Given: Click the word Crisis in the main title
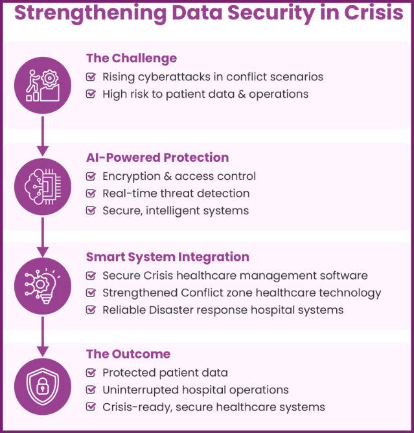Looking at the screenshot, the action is (x=374, y=12).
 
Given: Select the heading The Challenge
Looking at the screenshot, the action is (x=132, y=58).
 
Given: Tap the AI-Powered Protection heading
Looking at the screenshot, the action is (x=157, y=157).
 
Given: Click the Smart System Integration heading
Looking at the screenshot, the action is (x=168, y=257).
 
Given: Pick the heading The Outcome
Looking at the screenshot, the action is (x=128, y=354).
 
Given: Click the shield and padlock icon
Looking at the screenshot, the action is (x=43, y=386).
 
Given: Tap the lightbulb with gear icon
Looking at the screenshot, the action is (x=43, y=286).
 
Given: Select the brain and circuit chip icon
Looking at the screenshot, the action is (x=43, y=186).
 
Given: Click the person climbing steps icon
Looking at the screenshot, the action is (x=43, y=85).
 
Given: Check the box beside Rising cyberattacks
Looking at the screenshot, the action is (x=91, y=76).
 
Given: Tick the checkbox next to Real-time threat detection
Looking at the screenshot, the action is (x=91, y=193).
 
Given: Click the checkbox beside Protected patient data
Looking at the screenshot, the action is (x=91, y=373).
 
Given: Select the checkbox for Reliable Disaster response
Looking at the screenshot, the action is (x=91, y=309).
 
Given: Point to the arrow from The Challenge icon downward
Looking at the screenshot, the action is (x=43, y=136).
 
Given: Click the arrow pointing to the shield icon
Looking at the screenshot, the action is (x=43, y=337).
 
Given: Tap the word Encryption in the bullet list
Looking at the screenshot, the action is (x=132, y=177).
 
